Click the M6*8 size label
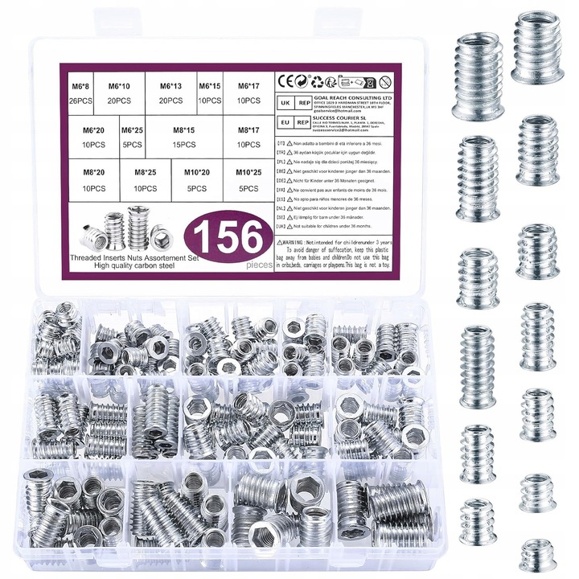81,85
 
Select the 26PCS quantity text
81,101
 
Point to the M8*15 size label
184,129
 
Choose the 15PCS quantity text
184,145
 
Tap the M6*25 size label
133,129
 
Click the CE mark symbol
284,81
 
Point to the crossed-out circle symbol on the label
385,81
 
